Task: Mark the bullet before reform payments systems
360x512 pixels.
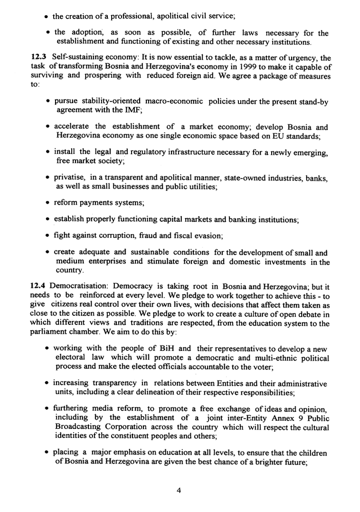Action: [x=49, y=204]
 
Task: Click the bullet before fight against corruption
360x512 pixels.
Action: [x=49, y=236]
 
